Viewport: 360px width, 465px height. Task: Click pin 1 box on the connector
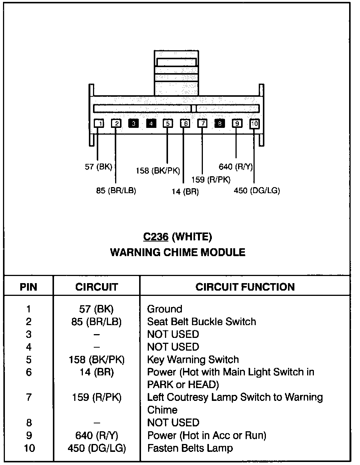(x=99, y=123)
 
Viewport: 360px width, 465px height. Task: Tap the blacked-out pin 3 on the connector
(x=133, y=123)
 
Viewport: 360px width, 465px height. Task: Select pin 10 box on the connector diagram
(x=254, y=123)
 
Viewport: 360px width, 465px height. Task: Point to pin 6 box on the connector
(x=185, y=123)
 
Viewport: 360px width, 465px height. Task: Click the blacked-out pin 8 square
(x=219, y=123)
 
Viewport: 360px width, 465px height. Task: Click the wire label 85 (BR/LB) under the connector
(x=116, y=190)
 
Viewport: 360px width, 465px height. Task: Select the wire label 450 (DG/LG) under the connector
(x=257, y=190)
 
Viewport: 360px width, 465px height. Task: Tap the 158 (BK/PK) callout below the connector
(x=158, y=171)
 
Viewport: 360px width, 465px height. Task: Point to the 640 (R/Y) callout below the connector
(x=236, y=166)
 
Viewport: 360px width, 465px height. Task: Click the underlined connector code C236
(x=156, y=237)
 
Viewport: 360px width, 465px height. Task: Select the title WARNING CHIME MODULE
(x=178, y=252)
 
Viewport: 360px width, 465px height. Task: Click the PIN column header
(x=28, y=287)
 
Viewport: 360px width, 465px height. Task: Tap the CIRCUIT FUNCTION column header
(x=245, y=287)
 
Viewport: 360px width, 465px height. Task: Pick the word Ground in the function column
(x=165, y=309)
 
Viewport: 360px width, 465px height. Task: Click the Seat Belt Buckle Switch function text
(x=201, y=322)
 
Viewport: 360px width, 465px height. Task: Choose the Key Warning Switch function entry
(x=193, y=360)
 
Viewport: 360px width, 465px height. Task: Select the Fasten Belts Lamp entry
(x=190, y=448)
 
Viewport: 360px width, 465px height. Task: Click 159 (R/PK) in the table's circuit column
(x=97, y=397)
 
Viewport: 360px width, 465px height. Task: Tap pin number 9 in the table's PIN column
(x=29, y=435)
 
